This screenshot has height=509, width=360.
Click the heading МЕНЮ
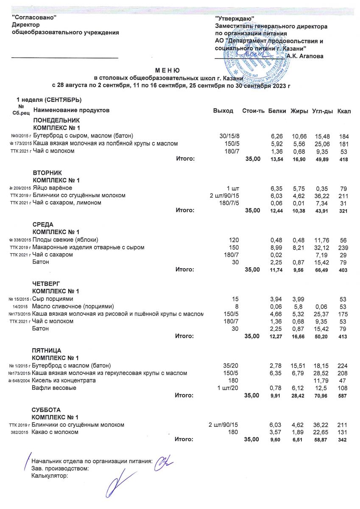tap(167, 70)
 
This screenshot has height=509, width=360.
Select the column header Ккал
tap(343, 111)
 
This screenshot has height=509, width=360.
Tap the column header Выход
tap(223, 111)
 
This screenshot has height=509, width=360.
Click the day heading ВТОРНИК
tap(47, 173)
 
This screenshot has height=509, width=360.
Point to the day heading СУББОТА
tap(46, 410)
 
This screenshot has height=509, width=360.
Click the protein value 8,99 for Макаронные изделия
tap(276, 247)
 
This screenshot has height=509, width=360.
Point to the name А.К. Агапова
tap(305, 56)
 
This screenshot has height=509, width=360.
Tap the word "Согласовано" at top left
tap(34, 18)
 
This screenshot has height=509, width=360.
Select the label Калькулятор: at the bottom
tap(50, 476)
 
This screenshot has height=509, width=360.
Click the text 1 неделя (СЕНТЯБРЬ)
tap(49, 100)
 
